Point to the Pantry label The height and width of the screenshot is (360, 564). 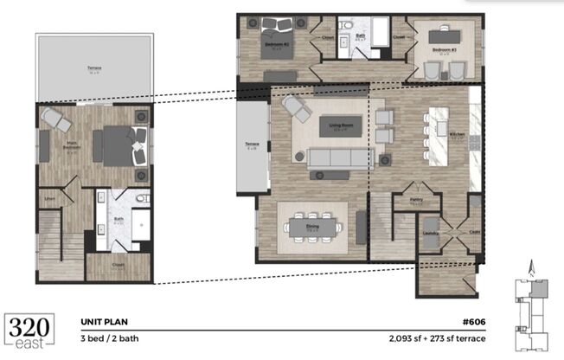[416, 202]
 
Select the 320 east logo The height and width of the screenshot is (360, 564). [33, 331]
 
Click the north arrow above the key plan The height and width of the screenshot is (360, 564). [533, 268]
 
